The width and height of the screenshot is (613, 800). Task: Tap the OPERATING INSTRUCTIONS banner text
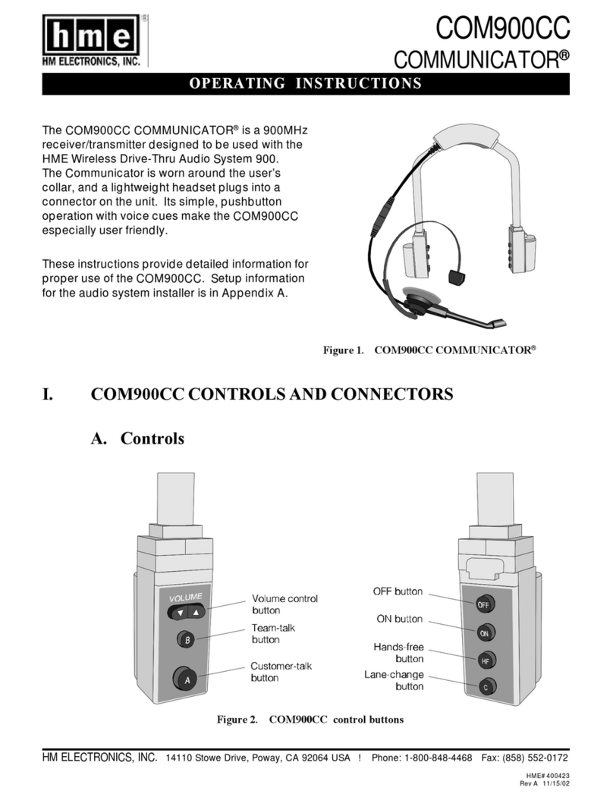(x=305, y=83)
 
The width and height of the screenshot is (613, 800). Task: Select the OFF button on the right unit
(x=483, y=604)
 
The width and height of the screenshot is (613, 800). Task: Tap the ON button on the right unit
(x=483, y=632)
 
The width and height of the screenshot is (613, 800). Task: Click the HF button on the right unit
(x=483, y=660)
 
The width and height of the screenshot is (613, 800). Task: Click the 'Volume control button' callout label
(x=284, y=604)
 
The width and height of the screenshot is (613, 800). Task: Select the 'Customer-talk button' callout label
(x=281, y=671)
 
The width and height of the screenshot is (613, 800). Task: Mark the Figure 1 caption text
(x=429, y=350)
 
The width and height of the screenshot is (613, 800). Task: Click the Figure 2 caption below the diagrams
(x=310, y=719)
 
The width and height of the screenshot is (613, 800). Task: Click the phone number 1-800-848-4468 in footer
(x=439, y=758)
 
